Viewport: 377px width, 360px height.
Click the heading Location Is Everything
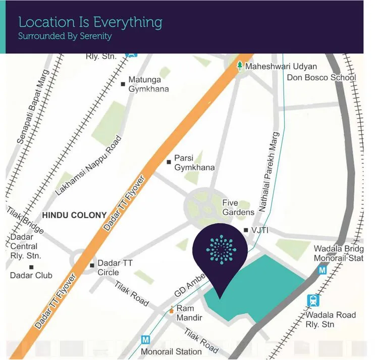[90, 23]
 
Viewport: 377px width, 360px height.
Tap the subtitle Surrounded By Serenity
[65, 36]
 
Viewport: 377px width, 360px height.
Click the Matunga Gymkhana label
[148, 84]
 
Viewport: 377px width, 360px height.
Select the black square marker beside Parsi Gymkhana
[169, 162]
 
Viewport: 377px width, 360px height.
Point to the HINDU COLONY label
[74, 215]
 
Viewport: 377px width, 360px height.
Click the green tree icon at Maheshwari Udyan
[240, 66]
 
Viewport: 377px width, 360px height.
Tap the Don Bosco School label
[321, 78]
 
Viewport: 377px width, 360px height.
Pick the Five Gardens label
[238, 208]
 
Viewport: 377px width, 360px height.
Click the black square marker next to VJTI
[246, 230]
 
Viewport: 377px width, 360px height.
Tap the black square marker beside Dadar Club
[31, 267]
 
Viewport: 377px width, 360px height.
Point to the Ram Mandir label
[185, 313]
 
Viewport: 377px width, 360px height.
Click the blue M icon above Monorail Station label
[146, 340]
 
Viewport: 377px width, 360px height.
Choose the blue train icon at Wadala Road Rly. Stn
[313, 300]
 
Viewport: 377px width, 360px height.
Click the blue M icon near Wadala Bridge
[322, 271]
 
